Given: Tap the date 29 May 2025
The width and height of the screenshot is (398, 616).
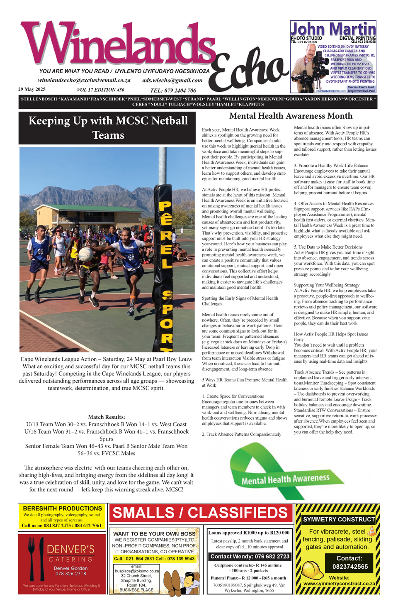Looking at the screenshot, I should click(32, 89).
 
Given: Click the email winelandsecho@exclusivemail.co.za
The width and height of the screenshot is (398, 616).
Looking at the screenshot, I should click(84, 80).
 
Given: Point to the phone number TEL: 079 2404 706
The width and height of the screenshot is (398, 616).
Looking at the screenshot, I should click(173, 90).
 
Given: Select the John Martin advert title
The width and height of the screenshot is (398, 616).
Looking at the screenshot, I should click(333, 29).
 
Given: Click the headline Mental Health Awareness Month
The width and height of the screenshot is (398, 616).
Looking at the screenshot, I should click(291, 116).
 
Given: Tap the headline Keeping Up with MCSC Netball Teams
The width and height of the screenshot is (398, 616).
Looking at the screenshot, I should click(108, 128).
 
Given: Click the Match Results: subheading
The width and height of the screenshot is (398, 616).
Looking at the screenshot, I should click(107, 417).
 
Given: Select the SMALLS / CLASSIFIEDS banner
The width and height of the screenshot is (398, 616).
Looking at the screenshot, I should click(200, 513).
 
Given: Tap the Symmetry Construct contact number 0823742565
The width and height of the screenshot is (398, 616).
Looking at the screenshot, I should click(350, 567).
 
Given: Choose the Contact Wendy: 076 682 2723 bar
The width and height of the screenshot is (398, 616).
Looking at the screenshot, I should click(250, 556).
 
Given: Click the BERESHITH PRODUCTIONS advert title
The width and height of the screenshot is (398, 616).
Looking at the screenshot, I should click(62, 508).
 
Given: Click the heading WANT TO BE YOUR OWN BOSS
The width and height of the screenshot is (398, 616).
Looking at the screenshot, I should click(154, 533).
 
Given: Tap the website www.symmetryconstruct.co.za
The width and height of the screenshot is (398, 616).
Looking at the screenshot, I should click(339, 583).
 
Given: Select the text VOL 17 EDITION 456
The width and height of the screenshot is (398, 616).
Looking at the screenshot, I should click(100, 90).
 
